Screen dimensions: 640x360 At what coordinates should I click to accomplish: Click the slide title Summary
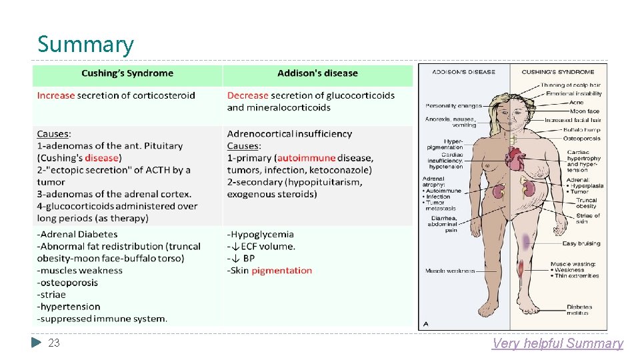(85, 45)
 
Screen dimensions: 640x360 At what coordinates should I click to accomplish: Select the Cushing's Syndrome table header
(127, 73)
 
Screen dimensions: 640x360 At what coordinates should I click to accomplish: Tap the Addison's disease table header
(317, 73)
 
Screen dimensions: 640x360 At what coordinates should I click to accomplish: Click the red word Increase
(56, 95)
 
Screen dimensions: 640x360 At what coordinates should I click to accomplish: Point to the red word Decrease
(247, 95)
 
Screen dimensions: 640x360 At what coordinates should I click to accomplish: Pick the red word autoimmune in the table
(305, 158)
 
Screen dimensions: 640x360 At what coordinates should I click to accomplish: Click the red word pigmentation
(281, 271)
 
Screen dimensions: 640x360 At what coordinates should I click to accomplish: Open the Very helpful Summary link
(557, 343)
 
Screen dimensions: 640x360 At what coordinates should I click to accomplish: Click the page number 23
(54, 343)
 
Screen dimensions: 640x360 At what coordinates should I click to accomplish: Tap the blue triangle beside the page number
(36, 343)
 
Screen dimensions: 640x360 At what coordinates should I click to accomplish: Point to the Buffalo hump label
(581, 130)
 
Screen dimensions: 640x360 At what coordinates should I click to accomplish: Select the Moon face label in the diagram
(584, 111)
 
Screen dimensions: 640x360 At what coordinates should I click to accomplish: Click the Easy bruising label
(581, 244)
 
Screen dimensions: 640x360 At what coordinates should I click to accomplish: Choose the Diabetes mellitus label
(579, 310)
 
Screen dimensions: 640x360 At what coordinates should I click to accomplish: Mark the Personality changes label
(453, 106)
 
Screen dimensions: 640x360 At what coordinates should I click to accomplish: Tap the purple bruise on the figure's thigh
(527, 240)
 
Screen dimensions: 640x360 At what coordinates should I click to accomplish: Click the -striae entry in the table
(52, 295)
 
